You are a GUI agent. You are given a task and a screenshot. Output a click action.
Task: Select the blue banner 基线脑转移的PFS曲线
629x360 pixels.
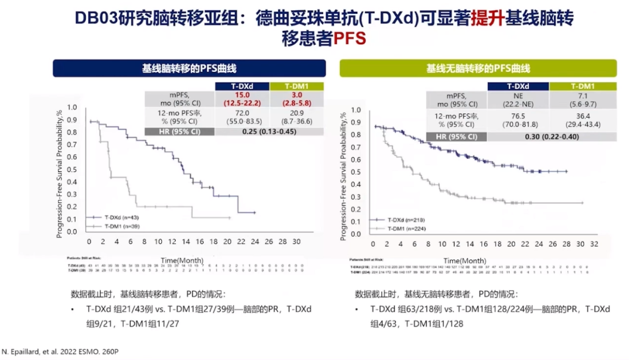coord(189,68)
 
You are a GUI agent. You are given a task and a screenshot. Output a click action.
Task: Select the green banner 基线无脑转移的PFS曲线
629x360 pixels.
coord(478,68)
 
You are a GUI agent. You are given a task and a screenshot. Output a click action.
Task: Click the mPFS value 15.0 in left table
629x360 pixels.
coord(242,95)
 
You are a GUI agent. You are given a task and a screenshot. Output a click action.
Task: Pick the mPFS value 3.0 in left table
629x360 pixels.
coord(298,95)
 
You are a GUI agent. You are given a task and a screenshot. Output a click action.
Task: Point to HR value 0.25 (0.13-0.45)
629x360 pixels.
coord(270,132)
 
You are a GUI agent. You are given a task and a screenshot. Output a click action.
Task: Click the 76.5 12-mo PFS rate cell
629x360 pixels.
coord(517,116)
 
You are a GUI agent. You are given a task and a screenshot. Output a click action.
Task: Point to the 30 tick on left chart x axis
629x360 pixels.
coord(296,243)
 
